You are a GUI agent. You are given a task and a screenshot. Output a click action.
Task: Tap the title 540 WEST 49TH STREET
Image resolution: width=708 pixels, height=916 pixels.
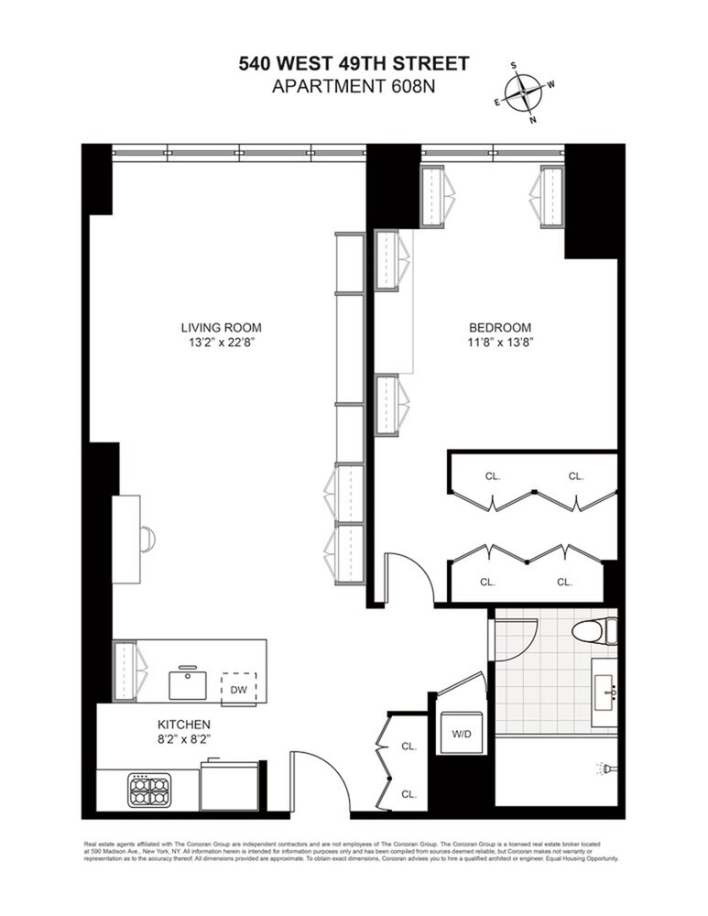click(x=354, y=63)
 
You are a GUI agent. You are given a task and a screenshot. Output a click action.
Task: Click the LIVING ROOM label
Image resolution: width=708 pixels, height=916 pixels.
click(x=214, y=328)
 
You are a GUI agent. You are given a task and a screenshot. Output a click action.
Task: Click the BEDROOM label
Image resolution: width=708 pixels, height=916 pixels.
click(x=499, y=328)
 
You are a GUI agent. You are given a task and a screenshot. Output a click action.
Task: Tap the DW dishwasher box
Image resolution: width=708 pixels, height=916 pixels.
click(x=238, y=688)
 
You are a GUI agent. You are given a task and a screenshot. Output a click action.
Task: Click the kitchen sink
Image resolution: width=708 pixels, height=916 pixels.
click(x=187, y=682)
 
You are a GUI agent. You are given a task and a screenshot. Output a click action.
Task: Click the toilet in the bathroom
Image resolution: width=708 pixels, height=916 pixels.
click(x=594, y=630)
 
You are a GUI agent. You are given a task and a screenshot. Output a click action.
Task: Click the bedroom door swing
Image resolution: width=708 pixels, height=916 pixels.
click(x=407, y=577)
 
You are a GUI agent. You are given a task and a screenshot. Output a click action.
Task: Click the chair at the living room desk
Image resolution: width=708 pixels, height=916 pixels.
click(x=147, y=540)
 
